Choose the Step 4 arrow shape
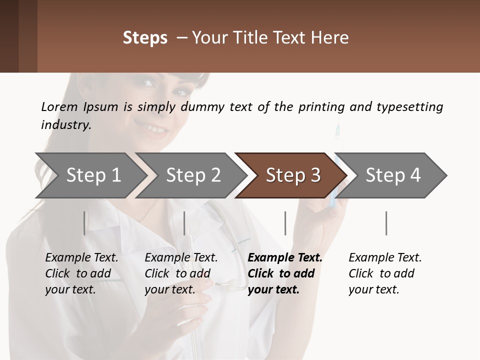pos(392,175)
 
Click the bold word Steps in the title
pos(145,38)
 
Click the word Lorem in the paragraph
pos(59,106)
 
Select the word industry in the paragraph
pos(65,125)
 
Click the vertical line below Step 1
pos(84,223)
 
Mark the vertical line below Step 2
pos(184,223)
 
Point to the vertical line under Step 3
pos(285,223)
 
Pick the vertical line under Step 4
pos(386,223)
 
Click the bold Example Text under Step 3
pos(285,257)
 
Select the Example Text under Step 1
pos(81,257)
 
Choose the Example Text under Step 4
pos(385,257)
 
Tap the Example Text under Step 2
pos(181,257)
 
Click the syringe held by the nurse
pos(335,165)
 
